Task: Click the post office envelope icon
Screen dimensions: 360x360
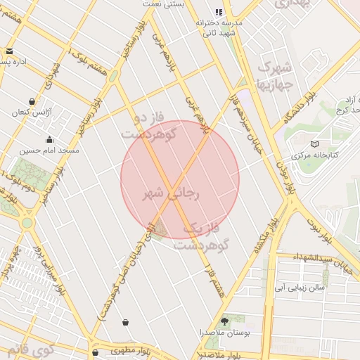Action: (x=9, y=51)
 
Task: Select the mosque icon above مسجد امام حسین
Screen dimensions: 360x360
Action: (x=49, y=139)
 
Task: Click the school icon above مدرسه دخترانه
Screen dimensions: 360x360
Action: (x=219, y=12)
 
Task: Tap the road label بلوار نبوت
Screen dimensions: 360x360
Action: (x=324, y=225)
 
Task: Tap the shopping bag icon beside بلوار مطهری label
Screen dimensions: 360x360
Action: (x=95, y=352)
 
